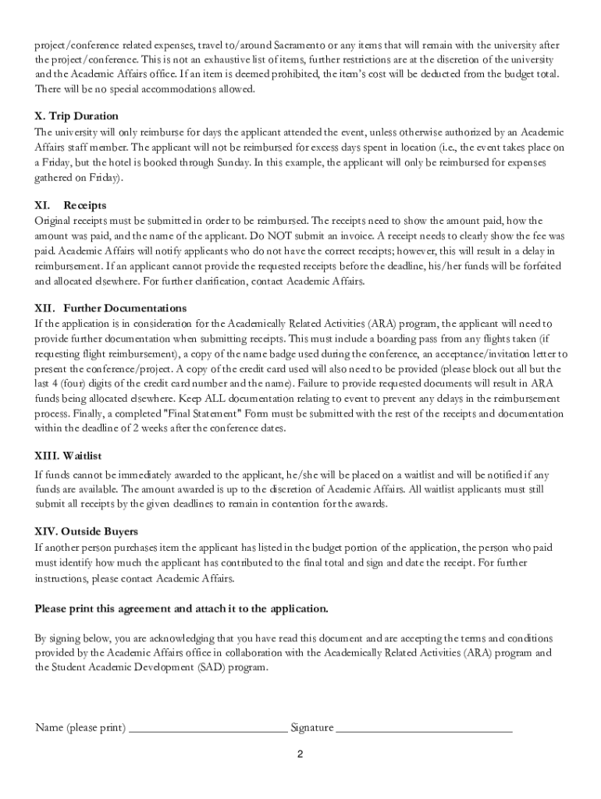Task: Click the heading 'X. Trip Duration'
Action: pos(76,116)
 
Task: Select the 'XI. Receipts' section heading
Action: pos(71,205)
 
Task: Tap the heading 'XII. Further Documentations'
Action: pos(110,308)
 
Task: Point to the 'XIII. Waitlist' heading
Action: pos(69,455)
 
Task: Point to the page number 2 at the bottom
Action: pos(300,755)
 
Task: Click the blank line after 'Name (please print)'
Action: pos(208,728)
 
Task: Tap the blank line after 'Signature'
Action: pos(424,728)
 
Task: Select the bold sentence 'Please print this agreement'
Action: pos(182,608)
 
